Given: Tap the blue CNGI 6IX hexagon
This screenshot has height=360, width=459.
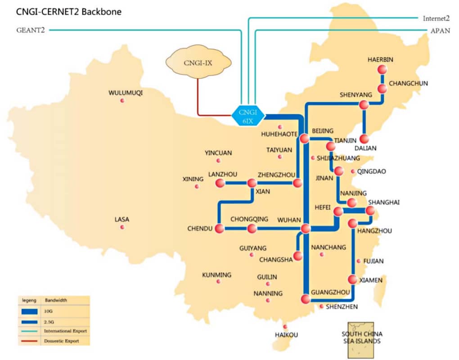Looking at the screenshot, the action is tap(248, 116).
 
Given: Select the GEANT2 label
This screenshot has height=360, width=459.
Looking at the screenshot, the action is tap(31, 30).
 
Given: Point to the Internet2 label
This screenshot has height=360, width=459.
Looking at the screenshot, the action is tap(436, 18).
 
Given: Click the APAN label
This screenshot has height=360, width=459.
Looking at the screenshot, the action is tap(440, 31).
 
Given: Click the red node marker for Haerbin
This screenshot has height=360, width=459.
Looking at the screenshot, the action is tap(382, 70).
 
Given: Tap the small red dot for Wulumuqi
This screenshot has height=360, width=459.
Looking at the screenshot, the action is tap(122, 101).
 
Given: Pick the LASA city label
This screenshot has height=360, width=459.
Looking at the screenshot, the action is tap(122, 219).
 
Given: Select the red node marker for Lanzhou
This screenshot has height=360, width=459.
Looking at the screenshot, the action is tap(220, 183).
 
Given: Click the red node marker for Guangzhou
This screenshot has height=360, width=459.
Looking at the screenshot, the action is tap(306, 299).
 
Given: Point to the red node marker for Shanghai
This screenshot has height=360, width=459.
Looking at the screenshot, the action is tap(370, 210).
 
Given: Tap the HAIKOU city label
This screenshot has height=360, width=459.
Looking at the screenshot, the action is tap(286, 335).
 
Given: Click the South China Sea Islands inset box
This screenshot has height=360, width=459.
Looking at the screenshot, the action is tap(360, 340).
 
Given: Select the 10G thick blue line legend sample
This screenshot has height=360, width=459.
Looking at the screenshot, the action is tap(29, 312).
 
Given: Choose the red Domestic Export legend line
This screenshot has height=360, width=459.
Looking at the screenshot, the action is tap(29, 341).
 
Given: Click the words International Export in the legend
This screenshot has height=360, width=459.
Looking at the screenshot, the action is tap(65, 331).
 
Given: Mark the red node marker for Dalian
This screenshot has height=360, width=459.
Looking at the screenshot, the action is tap(364, 139).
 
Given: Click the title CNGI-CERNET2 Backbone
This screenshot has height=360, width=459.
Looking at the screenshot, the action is tap(69, 12).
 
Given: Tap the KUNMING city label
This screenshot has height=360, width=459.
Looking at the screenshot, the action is tap(216, 275).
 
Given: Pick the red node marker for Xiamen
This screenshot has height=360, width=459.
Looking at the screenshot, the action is tap(352, 279).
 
